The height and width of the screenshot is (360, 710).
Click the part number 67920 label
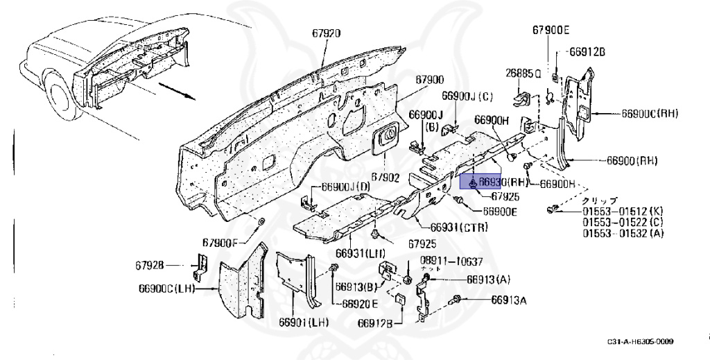click(327, 33)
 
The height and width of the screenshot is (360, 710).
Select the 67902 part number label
click(385, 178)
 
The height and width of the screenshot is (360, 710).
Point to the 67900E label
click(551, 30)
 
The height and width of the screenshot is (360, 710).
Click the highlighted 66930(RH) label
click(494, 182)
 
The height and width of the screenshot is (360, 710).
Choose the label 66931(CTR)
click(459, 228)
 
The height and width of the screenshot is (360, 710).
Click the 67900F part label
click(220, 242)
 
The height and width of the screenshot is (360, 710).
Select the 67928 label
click(150, 265)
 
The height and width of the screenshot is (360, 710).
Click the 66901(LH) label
click(304, 322)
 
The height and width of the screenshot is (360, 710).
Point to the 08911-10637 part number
click(451, 262)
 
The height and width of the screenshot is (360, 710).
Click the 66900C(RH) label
click(649, 113)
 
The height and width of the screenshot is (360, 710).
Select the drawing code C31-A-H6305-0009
click(640, 341)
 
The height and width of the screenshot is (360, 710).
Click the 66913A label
click(510, 300)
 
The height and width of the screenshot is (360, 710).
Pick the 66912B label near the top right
click(588, 52)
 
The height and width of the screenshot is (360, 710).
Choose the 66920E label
click(360, 303)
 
